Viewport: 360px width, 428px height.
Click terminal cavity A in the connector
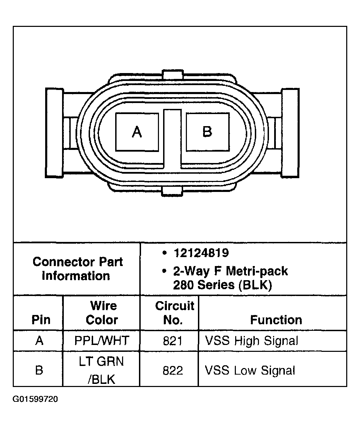pos(137,132)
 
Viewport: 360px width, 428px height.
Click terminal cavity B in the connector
pos(207,132)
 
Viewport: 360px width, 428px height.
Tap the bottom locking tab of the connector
pos(172,191)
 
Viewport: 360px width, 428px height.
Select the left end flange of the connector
pos(54,133)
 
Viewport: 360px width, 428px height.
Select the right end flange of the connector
pos(290,133)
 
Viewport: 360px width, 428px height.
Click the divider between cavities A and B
pos(172,138)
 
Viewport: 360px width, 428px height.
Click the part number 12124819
pos(201,253)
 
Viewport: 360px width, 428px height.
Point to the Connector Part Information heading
pos(77,269)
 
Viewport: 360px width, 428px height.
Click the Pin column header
pos(41,320)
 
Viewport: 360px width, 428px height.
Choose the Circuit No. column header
pos(174,313)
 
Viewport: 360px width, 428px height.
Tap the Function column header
pos(276,320)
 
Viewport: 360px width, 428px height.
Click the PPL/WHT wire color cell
pos(102,341)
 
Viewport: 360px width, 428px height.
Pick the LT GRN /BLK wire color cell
pos(102,370)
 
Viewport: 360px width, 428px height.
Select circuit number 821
pos(172,341)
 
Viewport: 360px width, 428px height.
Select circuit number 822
pos(172,370)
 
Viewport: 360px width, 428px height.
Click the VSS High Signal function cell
pos(251,341)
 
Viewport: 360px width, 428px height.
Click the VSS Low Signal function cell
pos(250,370)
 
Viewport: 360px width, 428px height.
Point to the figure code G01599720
pos(35,399)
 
